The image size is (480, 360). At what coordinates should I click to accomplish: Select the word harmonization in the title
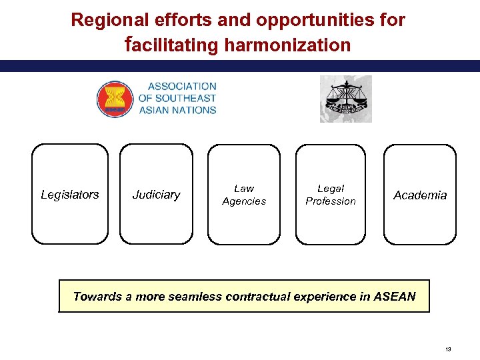click(288, 45)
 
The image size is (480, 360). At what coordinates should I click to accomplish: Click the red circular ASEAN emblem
click(115, 99)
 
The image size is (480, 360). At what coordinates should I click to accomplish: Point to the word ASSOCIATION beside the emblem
click(182, 86)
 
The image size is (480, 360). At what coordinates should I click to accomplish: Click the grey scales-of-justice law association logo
click(345, 99)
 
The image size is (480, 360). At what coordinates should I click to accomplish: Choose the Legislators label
click(70, 195)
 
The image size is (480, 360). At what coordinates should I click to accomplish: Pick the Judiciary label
click(156, 195)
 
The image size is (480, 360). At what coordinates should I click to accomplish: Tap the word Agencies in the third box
click(244, 201)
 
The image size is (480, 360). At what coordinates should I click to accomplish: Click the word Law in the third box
click(244, 189)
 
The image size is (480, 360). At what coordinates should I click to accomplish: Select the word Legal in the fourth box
click(331, 189)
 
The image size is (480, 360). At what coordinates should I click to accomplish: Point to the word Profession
click(331, 201)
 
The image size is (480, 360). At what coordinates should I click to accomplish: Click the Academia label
click(420, 195)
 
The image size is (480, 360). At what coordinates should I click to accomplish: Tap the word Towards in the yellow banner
click(97, 297)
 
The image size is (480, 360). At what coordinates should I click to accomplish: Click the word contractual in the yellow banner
click(257, 297)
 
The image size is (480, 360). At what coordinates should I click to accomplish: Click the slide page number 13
click(448, 349)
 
